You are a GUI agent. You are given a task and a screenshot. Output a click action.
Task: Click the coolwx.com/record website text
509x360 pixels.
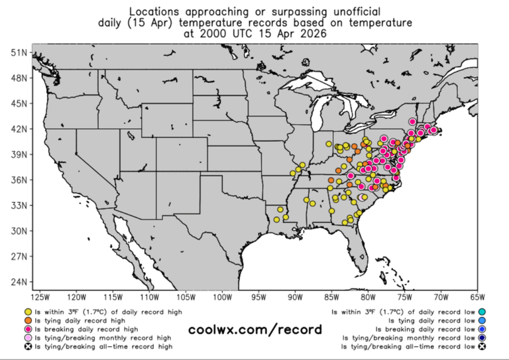click(255, 330)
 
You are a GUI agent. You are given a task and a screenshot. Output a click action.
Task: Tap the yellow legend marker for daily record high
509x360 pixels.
click(27, 312)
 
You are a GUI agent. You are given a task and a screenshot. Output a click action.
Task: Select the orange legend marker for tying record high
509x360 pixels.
click(27, 320)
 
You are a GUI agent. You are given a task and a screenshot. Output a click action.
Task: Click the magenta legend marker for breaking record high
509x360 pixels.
click(27, 329)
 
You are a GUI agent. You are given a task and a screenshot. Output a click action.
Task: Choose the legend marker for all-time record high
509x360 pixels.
click(27, 346)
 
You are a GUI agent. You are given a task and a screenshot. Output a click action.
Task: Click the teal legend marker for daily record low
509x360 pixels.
click(482, 312)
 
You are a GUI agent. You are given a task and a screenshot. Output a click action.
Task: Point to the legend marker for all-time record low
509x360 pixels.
click(482, 346)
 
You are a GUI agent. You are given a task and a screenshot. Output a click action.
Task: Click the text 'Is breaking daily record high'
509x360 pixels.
click(86, 329)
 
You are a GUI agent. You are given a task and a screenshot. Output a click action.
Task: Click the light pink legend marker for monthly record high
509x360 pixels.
click(27, 337)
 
